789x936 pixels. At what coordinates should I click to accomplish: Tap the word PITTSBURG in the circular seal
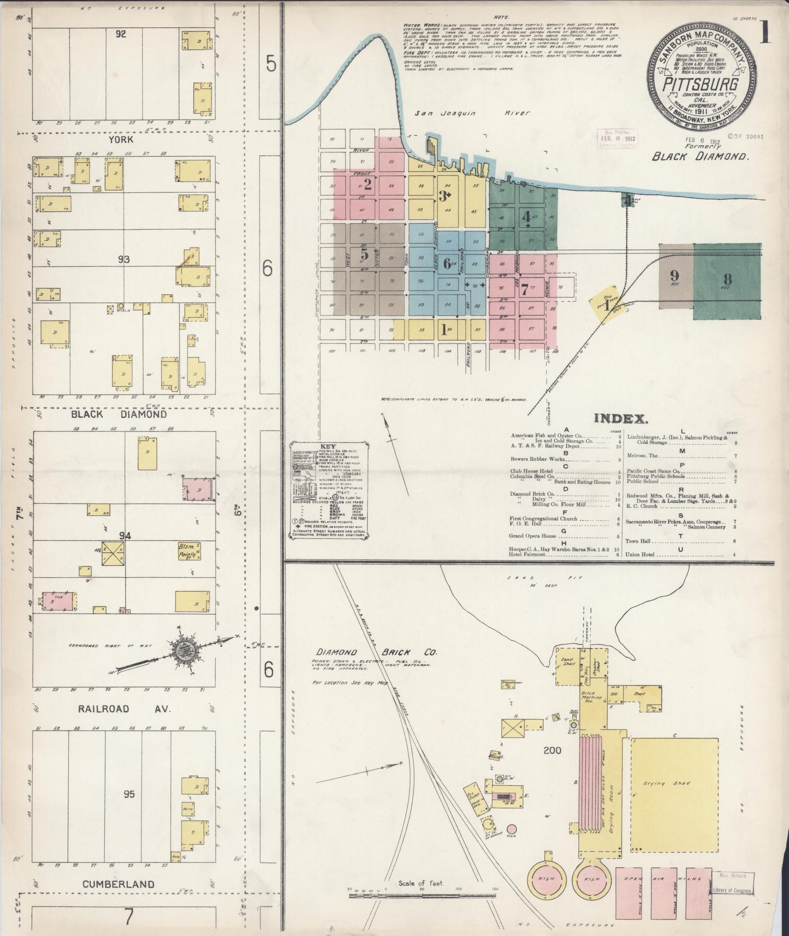pyautogui.click(x=701, y=85)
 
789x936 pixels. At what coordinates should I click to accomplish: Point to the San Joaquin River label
pyautogui.click(x=472, y=113)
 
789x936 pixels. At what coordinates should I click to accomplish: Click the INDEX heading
pyautogui.click(x=621, y=419)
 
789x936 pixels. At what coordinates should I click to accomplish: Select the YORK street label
pyautogui.click(x=121, y=139)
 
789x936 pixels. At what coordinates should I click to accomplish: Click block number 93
pyautogui.click(x=123, y=259)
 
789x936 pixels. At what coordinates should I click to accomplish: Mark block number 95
pyautogui.click(x=129, y=794)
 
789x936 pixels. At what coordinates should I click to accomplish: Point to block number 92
pyautogui.click(x=121, y=34)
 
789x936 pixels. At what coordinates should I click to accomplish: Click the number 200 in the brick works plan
pyautogui.click(x=553, y=750)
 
